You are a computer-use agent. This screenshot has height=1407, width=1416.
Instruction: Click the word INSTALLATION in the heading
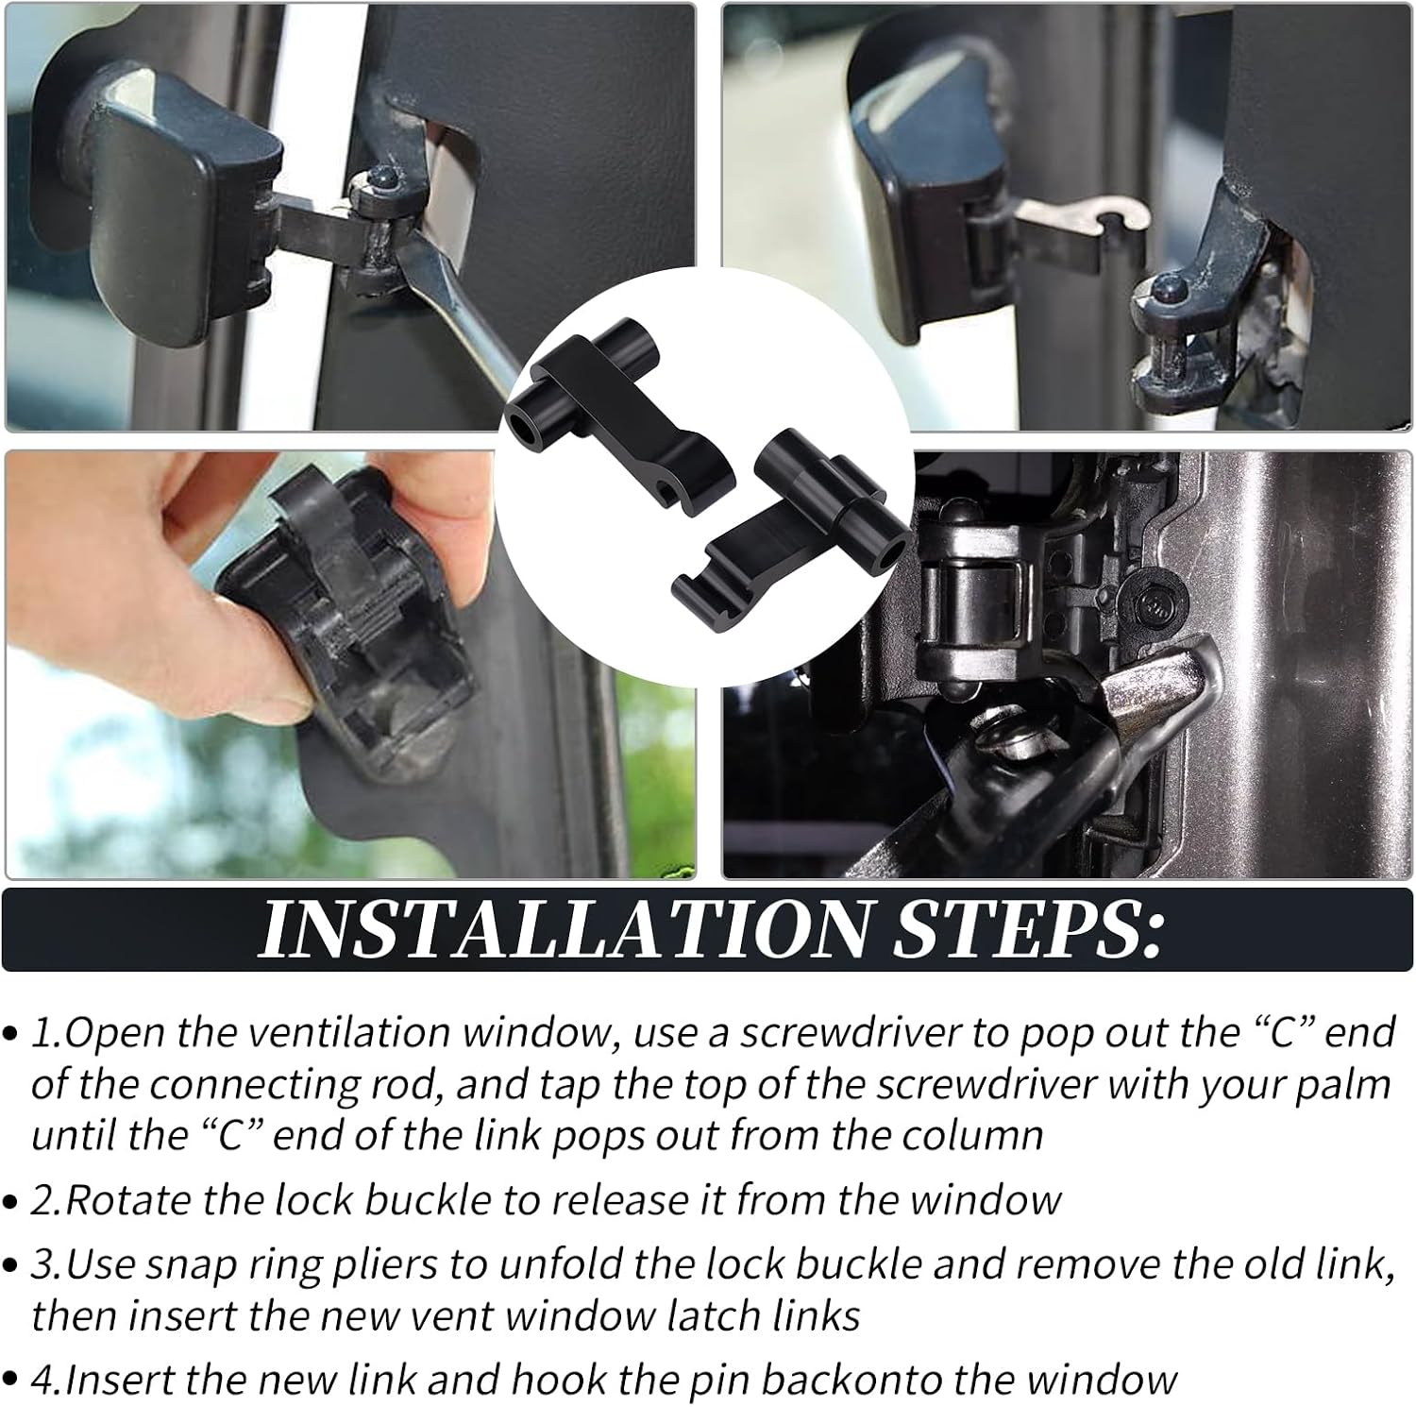coord(562,930)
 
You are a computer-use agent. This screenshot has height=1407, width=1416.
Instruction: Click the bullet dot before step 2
coord(12,1203)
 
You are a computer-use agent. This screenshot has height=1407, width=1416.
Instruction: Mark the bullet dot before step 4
coord(12,1382)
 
